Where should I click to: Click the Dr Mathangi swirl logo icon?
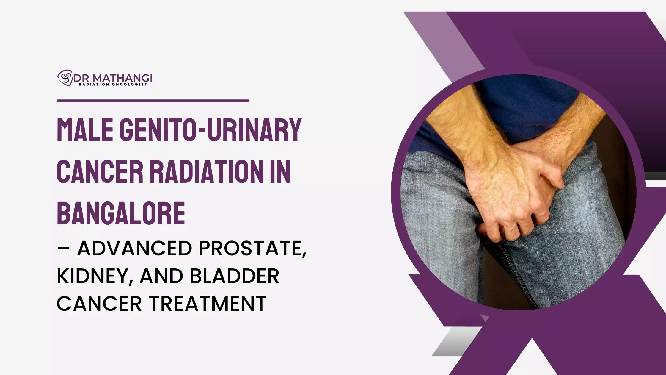(x=65, y=78)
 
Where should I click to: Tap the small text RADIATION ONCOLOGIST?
(x=113, y=85)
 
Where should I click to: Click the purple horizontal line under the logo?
(x=153, y=101)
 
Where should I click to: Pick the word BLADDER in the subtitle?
(x=234, y=276)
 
